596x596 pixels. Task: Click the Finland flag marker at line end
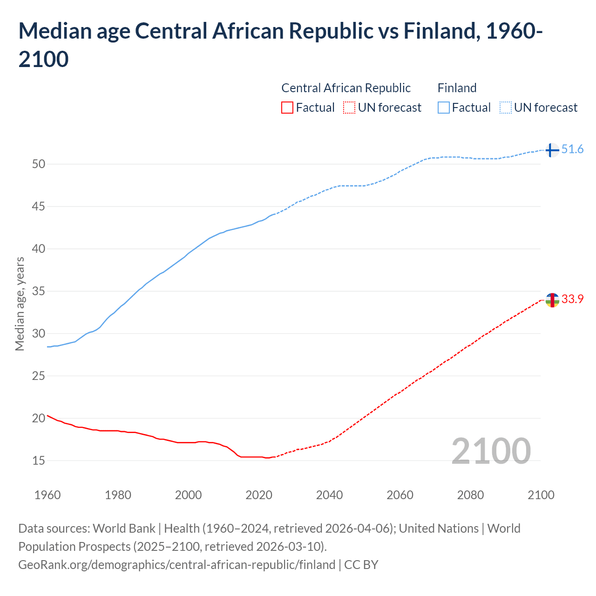pos(552,150)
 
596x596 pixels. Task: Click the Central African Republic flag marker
pos(552,300)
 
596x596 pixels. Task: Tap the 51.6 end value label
pos(572,149)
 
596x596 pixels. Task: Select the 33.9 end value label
pos(572,299)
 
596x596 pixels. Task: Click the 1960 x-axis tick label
pos(47,495)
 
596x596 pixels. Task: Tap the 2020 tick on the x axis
pos(259,495)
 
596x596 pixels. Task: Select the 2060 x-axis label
pos(400,495)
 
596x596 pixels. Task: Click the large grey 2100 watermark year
pos(491,451)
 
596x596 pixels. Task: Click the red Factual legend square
pos(287,108)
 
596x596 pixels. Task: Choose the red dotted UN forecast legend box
pos(349,108)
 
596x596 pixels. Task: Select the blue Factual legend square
pos(444,108)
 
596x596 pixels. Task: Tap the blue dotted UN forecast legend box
pos(505,108)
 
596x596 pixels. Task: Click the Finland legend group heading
pos(457,88)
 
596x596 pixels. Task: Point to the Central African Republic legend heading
pos(346,88)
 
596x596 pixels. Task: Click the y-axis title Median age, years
pos(20,303)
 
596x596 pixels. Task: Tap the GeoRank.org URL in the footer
pos(176,565)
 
